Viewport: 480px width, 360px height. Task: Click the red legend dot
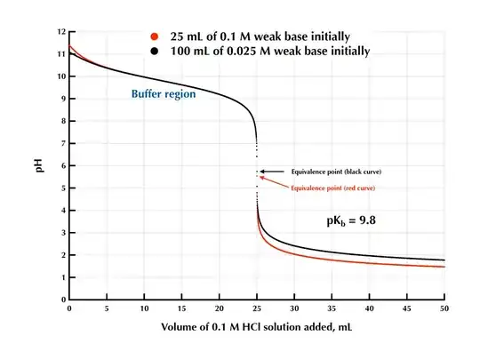pyautogui.click(x=155, y=37)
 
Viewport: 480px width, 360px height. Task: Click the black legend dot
pyautogui.click(x=155, y=52)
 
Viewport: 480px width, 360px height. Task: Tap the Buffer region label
pyautogui.click(x=163, y=92)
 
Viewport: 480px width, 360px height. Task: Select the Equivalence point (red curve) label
pyautogui.click(x=340, y=188)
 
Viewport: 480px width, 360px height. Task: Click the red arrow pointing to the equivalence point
pyautogui.click(x=271, y=181)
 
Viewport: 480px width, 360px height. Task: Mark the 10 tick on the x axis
pyautogui.click(x=144, y=308)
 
